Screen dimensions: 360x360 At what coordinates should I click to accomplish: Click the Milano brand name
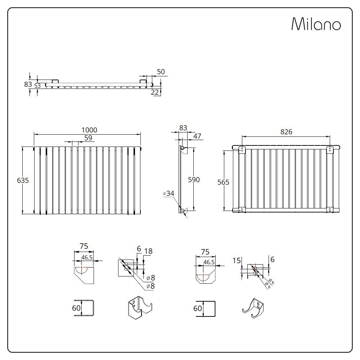point(316,24)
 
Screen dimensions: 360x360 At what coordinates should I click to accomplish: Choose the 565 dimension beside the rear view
point(223,182)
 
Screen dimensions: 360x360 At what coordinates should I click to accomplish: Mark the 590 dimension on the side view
point(194,180)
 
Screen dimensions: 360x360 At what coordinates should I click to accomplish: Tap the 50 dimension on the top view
point(161,72)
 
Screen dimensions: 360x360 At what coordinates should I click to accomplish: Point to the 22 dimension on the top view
point(155,92)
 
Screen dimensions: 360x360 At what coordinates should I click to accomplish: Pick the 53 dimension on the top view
point(37,85)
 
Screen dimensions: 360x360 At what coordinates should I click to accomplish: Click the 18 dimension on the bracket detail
point(148,252)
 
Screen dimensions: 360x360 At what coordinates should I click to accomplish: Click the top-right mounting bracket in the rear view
point(330,150)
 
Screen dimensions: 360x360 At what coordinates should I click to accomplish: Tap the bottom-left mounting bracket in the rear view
point(240,209)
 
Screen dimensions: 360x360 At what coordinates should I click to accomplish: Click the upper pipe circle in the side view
point(183,148)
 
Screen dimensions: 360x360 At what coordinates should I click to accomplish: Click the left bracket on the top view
point(55,81)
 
